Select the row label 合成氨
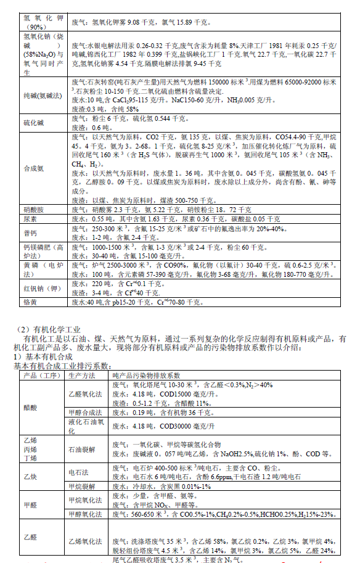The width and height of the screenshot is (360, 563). point(34,168)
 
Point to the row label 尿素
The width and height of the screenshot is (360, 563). point(30,219)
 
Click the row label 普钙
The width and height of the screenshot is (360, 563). point(30,232)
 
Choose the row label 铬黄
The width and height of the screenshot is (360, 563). point(30,302)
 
